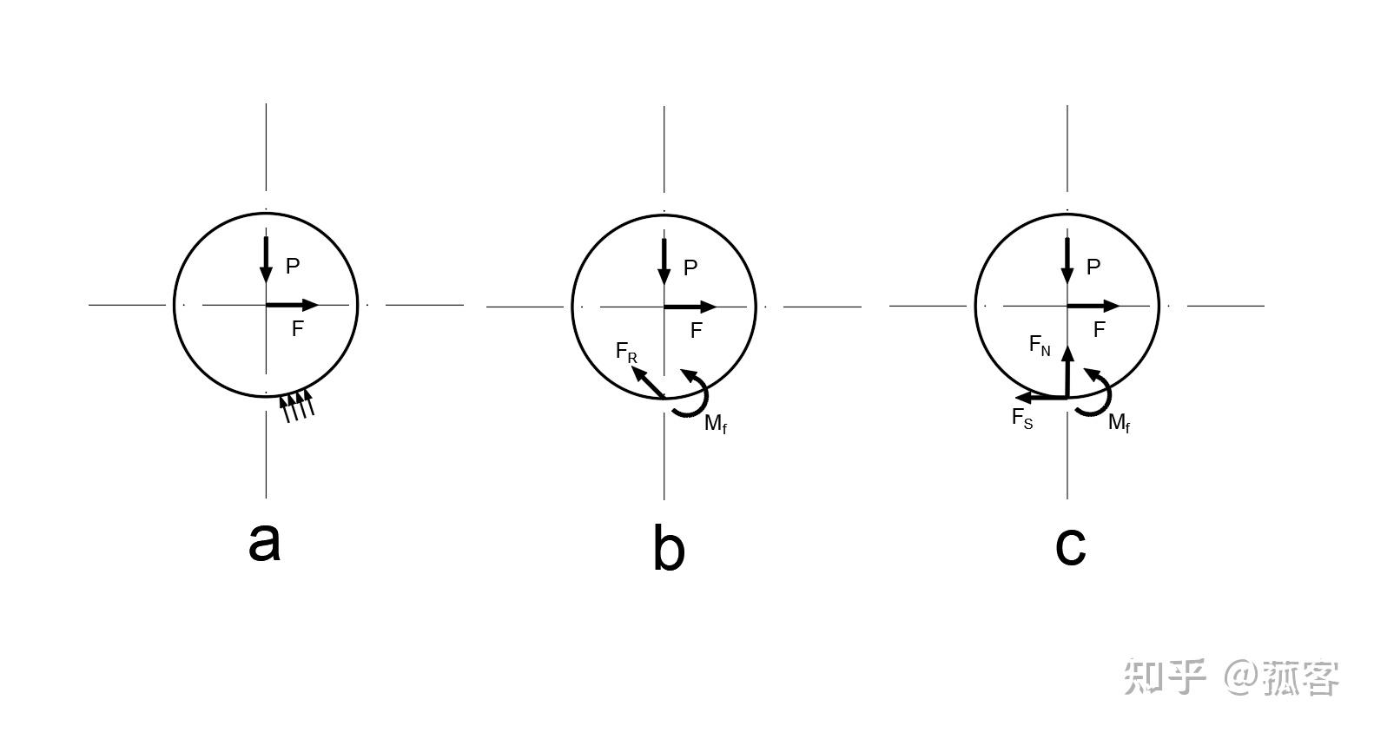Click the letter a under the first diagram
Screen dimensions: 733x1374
point(264,542)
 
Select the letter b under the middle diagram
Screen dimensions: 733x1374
point(668,550)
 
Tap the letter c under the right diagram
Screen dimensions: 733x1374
point(1070,545)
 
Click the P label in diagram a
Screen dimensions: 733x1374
point(293,267)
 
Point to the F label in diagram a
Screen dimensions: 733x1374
point(297,330)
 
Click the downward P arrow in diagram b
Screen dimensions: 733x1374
point(664,261)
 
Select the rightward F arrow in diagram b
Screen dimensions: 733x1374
point(690,307)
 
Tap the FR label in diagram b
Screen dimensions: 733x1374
point(626,352)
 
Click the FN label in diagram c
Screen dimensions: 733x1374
point(1040,345)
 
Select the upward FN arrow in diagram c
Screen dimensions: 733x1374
point(1067,371)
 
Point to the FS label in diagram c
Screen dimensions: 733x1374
point(1022,418)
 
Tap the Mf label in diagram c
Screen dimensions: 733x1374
point(1120,423)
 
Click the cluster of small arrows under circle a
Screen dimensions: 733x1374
point(296,406)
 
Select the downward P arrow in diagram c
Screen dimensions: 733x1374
point(1067,261)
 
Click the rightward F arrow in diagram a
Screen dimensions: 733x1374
point(292,305)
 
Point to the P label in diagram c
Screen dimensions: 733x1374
point(1093,267)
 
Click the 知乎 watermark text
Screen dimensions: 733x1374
point(1165,677)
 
